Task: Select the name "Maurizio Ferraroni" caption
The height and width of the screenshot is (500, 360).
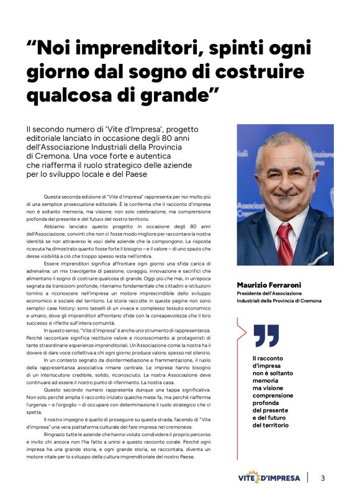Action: click(x=272, y=285)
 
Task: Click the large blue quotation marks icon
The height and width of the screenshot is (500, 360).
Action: click(x=266, y=336)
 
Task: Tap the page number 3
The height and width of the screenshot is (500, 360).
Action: click(x=323, y=478)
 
